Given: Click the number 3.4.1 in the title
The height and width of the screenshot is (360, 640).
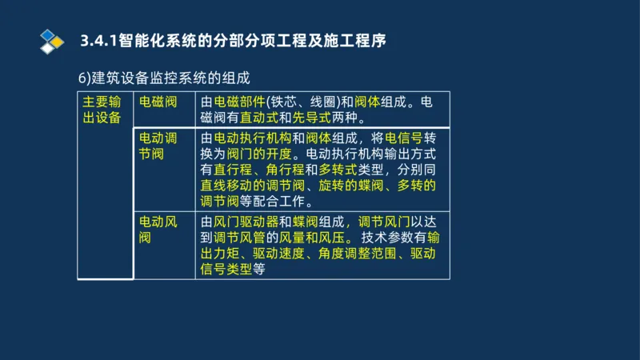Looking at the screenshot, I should (x=98, y=40).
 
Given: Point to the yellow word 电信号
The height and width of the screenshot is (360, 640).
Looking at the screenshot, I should (x=405, y=138).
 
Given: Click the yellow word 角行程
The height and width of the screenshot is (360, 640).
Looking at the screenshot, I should (x=287, y=170).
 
